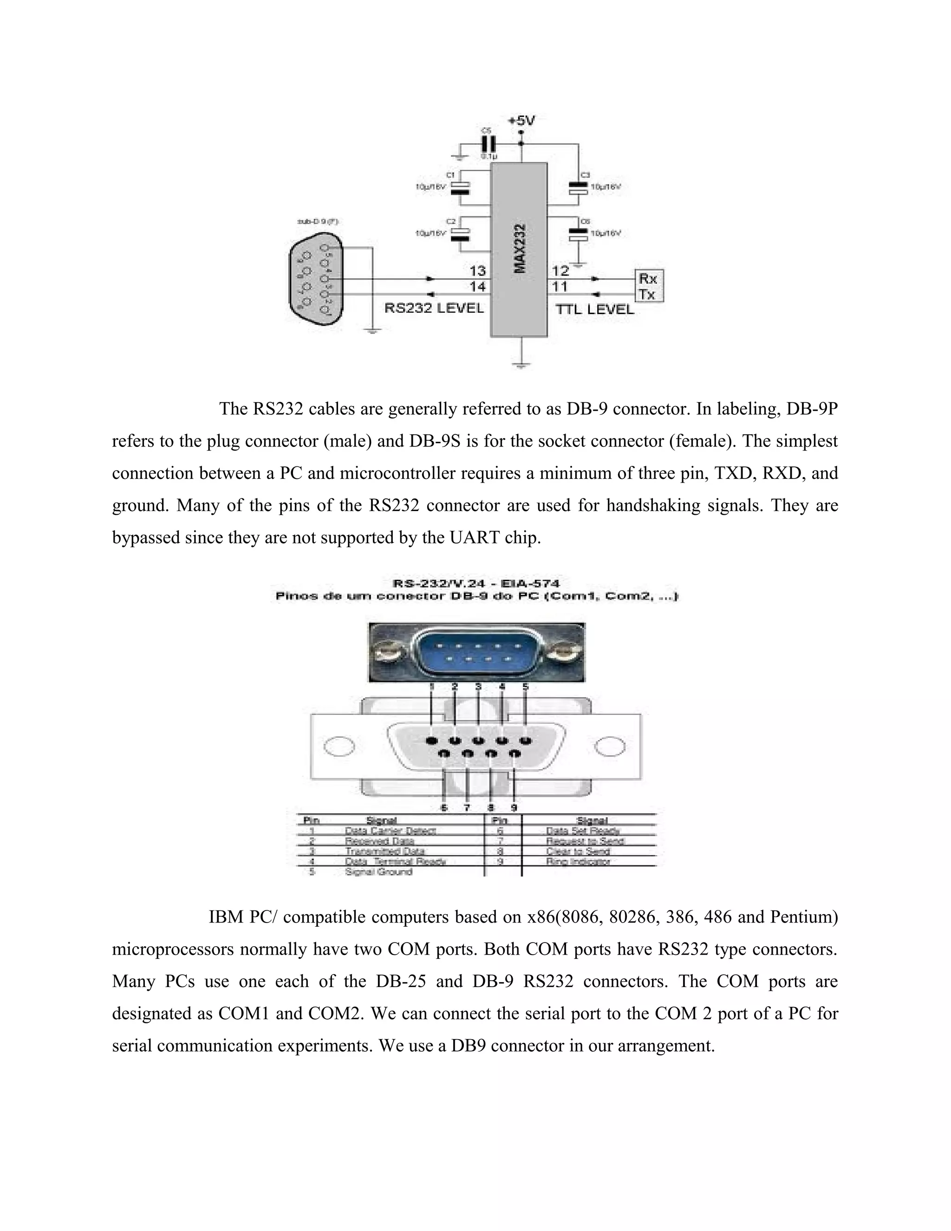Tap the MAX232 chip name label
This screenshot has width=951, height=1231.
[x=521, y=249]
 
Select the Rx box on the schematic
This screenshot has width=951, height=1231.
[x=647, y=278]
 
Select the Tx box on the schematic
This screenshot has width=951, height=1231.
[x=647, y=294]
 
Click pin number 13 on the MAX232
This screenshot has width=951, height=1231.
[x=477, y=272]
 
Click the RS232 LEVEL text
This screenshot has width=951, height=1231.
[x=434, y=308]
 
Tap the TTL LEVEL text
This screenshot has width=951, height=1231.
[x=595, y=309]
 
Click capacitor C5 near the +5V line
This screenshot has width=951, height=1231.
[x=487, y=143]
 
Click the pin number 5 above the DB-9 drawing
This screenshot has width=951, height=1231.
[x=525, y=687]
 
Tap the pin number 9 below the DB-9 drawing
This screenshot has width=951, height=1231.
[x=514, y=808]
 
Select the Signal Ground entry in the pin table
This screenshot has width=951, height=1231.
[x=378, y=872]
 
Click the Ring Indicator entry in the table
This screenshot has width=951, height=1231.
[x=578, y=861]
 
